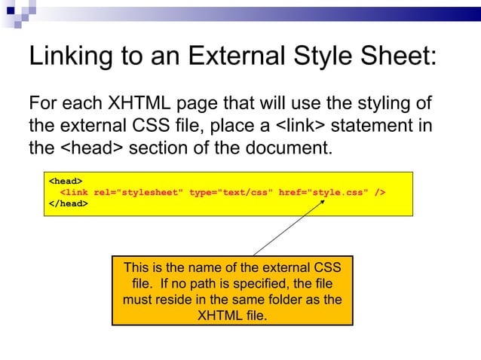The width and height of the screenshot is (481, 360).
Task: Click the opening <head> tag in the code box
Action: coord(66,182)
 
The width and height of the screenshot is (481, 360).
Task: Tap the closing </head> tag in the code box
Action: coord(68,203)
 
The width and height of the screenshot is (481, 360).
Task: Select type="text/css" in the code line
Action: coord(231,192)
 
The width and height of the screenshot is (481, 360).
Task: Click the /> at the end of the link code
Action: coord(380,192)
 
